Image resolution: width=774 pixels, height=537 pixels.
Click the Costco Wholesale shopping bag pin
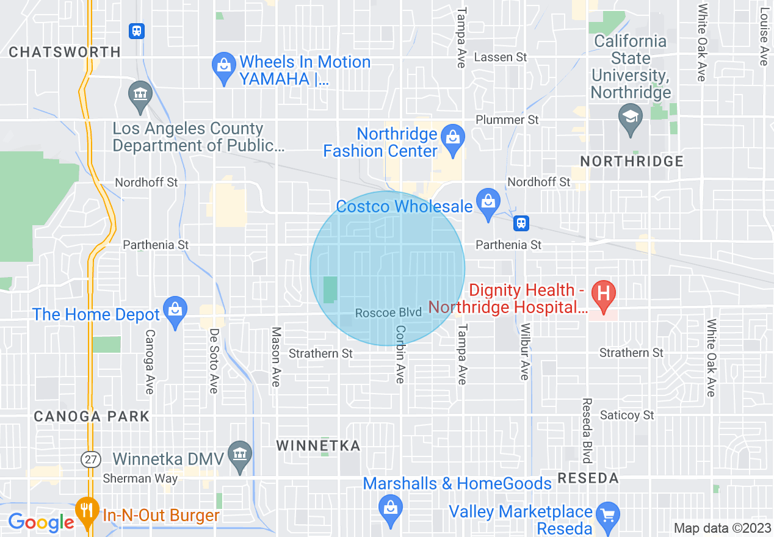click(488, 200)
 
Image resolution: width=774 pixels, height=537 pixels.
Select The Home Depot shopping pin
click(175, 308)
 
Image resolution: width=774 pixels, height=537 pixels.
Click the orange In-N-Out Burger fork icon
click(87, 509)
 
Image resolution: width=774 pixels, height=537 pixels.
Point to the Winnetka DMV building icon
click(239, 453)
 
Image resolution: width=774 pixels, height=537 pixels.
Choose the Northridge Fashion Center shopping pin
click(452, 135)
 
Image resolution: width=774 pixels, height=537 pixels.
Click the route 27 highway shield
click(90, 459)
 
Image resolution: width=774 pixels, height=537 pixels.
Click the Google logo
click(41, 522)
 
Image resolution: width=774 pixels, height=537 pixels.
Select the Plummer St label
click(507, 120)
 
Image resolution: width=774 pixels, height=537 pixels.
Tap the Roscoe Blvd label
click(388, 312)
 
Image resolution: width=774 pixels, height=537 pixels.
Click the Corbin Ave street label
click(400, 354)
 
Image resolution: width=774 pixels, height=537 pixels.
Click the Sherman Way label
click(140, 478)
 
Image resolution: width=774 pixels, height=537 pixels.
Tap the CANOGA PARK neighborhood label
click(92, 416)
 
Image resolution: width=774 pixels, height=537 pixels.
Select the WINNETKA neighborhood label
click(318, 445)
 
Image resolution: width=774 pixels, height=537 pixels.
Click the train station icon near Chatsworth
click(136, 31)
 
